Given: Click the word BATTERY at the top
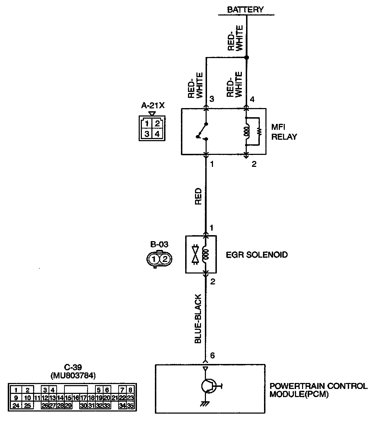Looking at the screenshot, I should pyautogui.click(x=245, y=10).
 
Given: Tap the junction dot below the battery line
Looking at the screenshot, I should pyautogui.click(x=246, y=57).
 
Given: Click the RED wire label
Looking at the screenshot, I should pyautogui.click(x=199, y=196).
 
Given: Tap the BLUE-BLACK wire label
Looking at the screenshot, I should pyautogui.click(x=199, y=319).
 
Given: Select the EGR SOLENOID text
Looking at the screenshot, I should pyautogui.click(x=257, y=254).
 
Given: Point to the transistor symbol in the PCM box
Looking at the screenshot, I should pyautogui.click(x=208, y=386).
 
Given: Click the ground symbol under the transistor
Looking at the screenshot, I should pyautogui.click(x=205, y=404).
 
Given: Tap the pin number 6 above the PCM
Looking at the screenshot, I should pyautogui.click(x=212, y=356).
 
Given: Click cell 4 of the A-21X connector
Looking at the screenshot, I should pyautogui.click(x=157, y=134).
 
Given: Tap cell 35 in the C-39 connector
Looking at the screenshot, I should pyautogui.click(x=130, y=406).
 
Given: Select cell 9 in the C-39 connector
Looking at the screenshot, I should pyautogui.click(x=16, y=398).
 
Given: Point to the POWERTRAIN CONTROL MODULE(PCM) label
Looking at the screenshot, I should pyautogui.click(x=318, y=390).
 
